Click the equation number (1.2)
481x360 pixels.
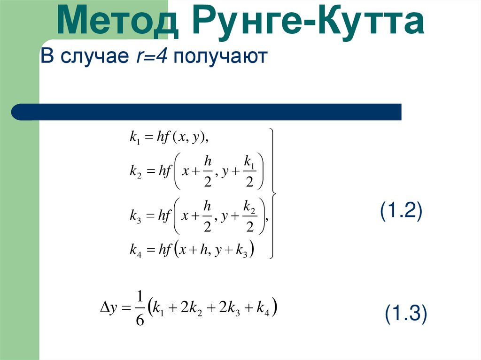(x=402, y=211)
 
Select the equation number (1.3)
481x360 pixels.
(x=406, y=314)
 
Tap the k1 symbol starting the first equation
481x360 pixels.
(x=134, y=137)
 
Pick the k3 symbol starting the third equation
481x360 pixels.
(x=135, y=216)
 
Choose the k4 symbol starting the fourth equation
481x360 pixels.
(x=135, y=250)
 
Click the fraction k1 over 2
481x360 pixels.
(x=249, y=172)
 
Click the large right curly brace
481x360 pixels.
(x=273, y=193)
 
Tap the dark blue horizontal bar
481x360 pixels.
(x=207, y=112)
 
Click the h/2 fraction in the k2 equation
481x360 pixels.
(x=207, y=172)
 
